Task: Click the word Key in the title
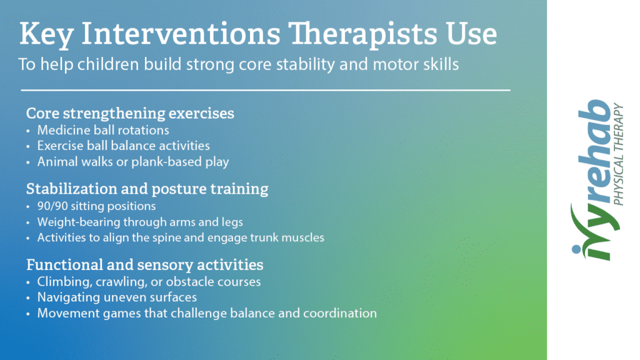tap(46, 34)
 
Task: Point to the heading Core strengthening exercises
tap(130, 113)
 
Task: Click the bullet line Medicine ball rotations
tap(103, 130)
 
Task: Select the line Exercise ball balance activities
tap(123, 146)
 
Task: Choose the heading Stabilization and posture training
tap(147, 189)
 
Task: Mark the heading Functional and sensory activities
tap(145, 265)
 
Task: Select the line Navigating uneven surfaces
tap(117, 297)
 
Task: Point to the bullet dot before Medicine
tap(28, 131)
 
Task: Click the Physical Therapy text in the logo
tap(618, 155)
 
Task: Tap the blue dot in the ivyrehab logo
tap(576, 249)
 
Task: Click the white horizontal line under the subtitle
tap(266, 90)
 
